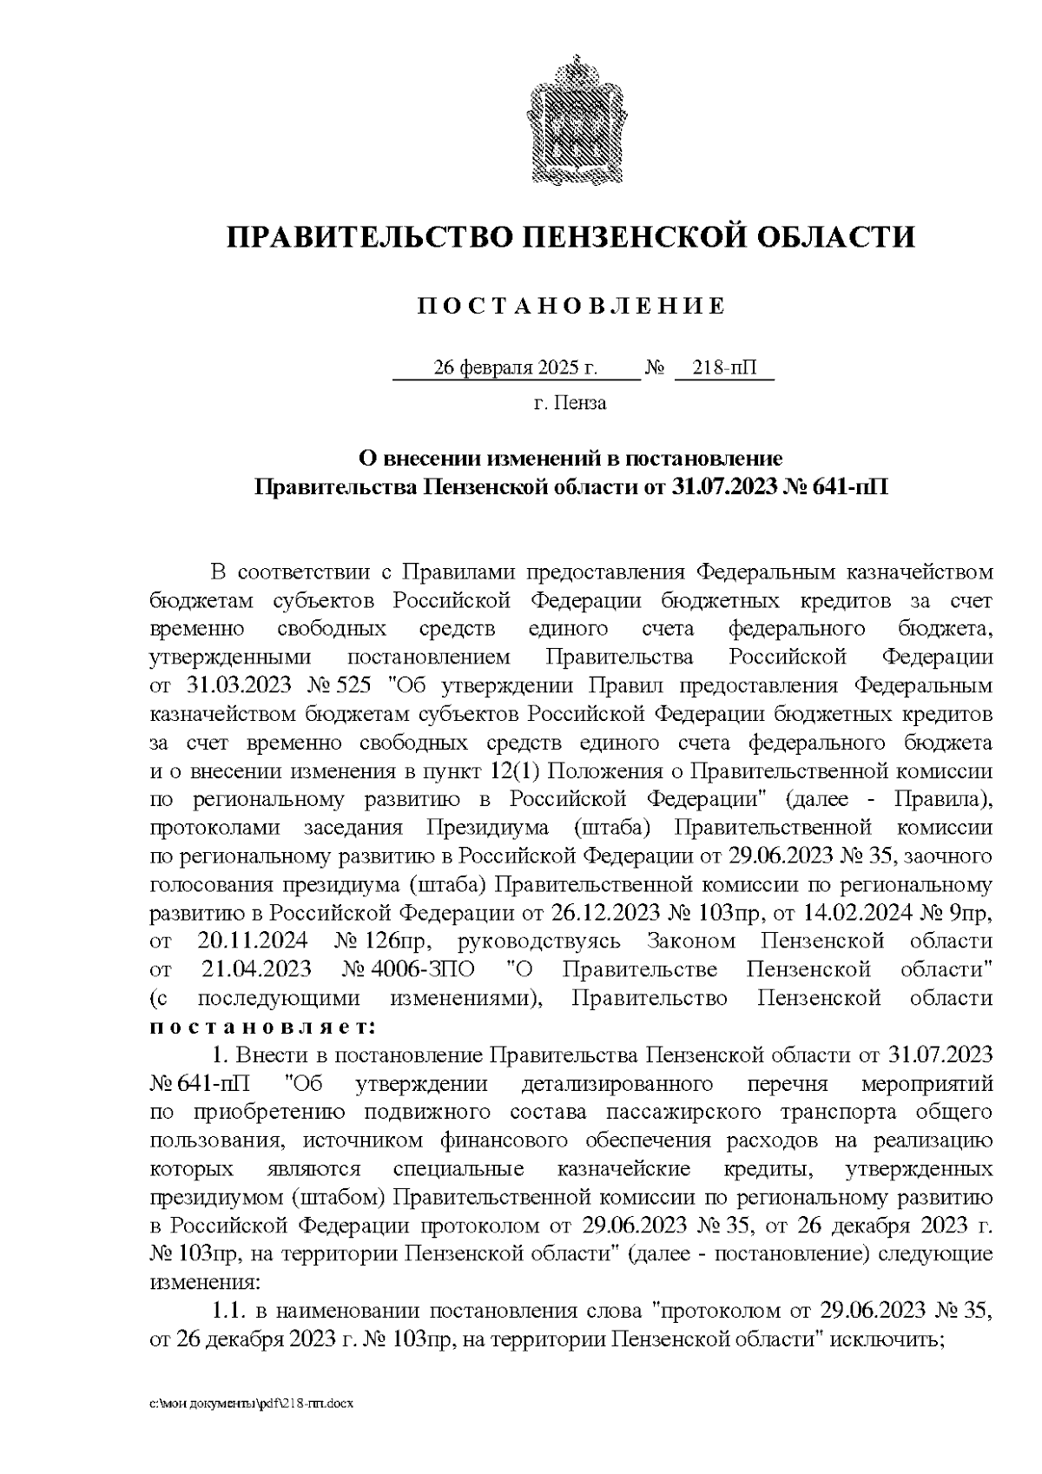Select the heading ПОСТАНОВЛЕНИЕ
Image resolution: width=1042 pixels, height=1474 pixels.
[570, 306]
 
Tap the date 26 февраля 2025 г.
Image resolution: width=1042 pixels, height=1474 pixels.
[515, 368]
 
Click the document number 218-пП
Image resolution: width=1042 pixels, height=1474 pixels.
[723, 368]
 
